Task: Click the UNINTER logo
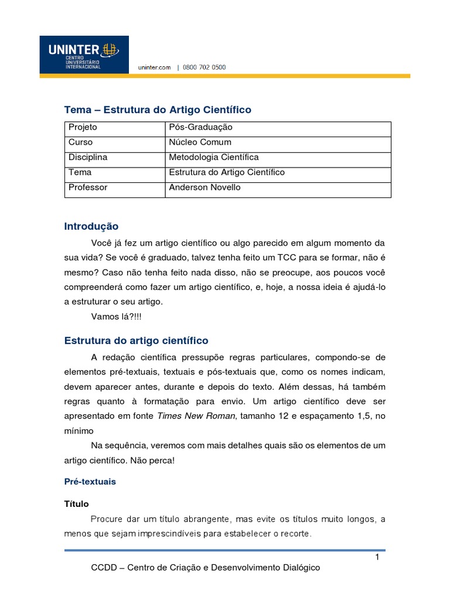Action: (84, 54)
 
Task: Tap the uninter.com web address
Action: (154, 67)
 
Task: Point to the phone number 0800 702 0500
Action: (204, 67)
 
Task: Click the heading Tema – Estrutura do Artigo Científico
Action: (157, 110)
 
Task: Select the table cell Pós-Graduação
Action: (200, 127)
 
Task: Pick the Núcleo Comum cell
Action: (200, 142)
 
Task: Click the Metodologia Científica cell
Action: (213, 158)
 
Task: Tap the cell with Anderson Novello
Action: (204, 188)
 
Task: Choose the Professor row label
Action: (88, 188)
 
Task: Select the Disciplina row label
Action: (88, 158)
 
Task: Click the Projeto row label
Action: (83, 127)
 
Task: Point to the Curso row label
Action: (80, 142)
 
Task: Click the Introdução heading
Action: (91, 226)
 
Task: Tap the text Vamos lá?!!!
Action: (117, 317)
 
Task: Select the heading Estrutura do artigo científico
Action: (136, 340)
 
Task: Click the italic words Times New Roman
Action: (196, 416)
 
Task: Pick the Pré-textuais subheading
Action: (90, 482)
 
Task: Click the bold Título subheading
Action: (76, 504)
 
